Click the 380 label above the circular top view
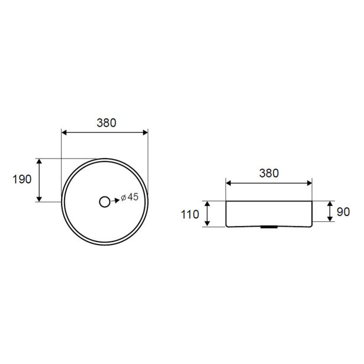[107, 123]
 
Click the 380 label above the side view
[269, 173]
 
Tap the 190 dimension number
[22, 179]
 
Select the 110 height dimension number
[190, 214]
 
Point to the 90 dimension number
[343, 212]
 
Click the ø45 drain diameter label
[130, 197]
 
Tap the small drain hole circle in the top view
[104, 202]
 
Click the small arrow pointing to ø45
[115, 201]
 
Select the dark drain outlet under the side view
[269, 227]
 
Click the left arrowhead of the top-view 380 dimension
[64, 133]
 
